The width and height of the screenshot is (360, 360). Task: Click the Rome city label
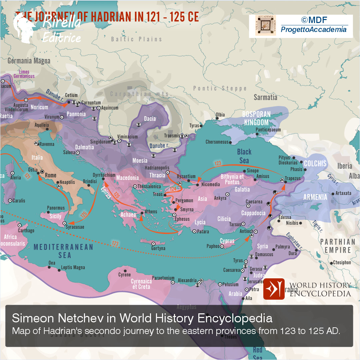click(51, 175)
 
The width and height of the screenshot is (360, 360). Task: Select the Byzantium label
click(186, 176)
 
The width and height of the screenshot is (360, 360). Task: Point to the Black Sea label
click(244, 156)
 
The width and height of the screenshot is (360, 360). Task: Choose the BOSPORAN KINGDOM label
click(256, 118)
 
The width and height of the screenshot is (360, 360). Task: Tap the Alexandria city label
click(187, 280)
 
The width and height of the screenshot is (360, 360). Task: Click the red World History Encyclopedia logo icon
click(274, 289)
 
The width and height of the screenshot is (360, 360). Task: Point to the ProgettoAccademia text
click(314, 30)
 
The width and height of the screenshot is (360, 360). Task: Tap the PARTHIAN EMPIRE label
click(337, 246)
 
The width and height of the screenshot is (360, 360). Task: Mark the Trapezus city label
click(293, 178)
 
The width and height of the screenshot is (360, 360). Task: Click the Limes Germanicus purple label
click(24, 74)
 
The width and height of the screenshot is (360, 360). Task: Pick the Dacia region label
click(150, 119)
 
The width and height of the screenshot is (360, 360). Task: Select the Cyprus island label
click(227, 241)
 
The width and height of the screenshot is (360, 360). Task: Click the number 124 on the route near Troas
click(173, 189)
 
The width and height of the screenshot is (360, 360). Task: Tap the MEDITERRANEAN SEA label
click(63, 251)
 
